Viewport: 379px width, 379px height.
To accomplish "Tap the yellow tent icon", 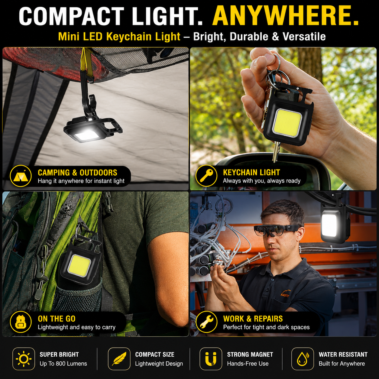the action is click(21, 176).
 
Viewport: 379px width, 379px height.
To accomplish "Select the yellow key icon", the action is click(206, 176).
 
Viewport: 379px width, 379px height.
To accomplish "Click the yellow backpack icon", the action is click(21, 322).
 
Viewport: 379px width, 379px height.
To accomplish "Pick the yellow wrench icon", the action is click(206, 322).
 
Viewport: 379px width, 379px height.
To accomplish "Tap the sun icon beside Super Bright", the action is click(24, 359).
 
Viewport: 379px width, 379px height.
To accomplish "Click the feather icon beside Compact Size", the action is click(119, 359).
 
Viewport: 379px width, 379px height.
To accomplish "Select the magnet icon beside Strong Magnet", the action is click(211, 359).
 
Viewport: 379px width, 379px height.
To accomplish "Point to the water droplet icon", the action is click(303, 359).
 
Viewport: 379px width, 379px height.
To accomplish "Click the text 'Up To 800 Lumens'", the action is click(63, 364).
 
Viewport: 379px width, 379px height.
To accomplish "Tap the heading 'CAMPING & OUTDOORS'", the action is click(77, 173).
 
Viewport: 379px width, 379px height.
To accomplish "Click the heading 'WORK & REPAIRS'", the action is click(253, 319).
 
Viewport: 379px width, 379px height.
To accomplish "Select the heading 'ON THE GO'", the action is click(57, 319).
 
